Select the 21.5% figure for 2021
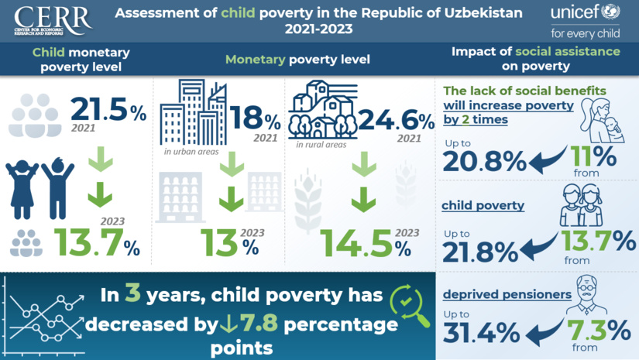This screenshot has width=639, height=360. (108, 110)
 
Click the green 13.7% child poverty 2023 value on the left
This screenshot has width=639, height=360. (96, 243)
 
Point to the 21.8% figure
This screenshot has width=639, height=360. (480, 249)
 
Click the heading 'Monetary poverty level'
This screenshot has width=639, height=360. (297, 60)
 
